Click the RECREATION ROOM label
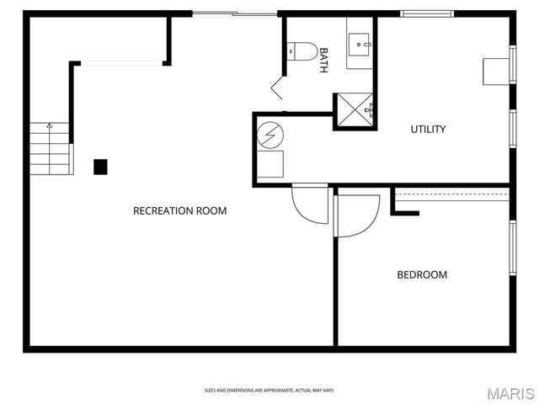[179, 210]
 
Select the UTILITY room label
[428, 129]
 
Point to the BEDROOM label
[422, 274]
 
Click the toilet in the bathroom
[302, 51]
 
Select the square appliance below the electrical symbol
[270, 164]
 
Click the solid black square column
[100, 167]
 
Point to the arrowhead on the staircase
[49, 125]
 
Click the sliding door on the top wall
[234, 13]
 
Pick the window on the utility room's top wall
[427, 13]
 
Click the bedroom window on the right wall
[511, 247]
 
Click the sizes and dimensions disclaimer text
[269, 390]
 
